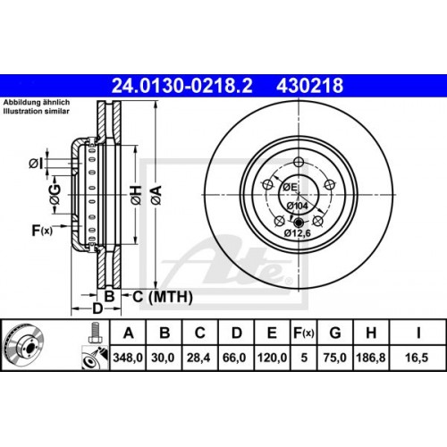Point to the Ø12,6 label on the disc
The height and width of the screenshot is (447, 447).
pos(298,233)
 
